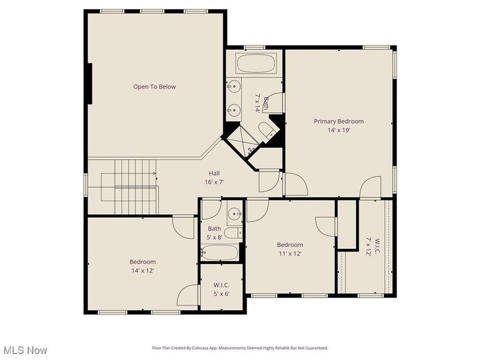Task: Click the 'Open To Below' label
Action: click(154, 87)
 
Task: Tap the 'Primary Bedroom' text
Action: click(338, 121)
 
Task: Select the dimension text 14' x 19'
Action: click(338, 130)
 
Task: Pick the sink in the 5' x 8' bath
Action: click(233, 213)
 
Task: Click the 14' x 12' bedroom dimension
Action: click(142, 271)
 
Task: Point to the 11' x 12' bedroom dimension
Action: click(289, 253)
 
